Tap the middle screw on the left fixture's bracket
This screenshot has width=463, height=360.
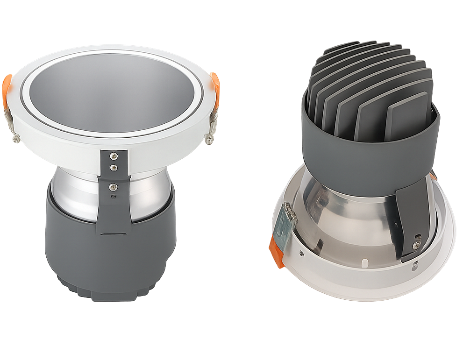pyautogui.click(x=113, y=167)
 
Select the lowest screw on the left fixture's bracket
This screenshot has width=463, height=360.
pyautogui.click(x=112, y=187)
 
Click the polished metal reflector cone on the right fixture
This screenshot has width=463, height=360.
pyautogui.click(x=346, y=219)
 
